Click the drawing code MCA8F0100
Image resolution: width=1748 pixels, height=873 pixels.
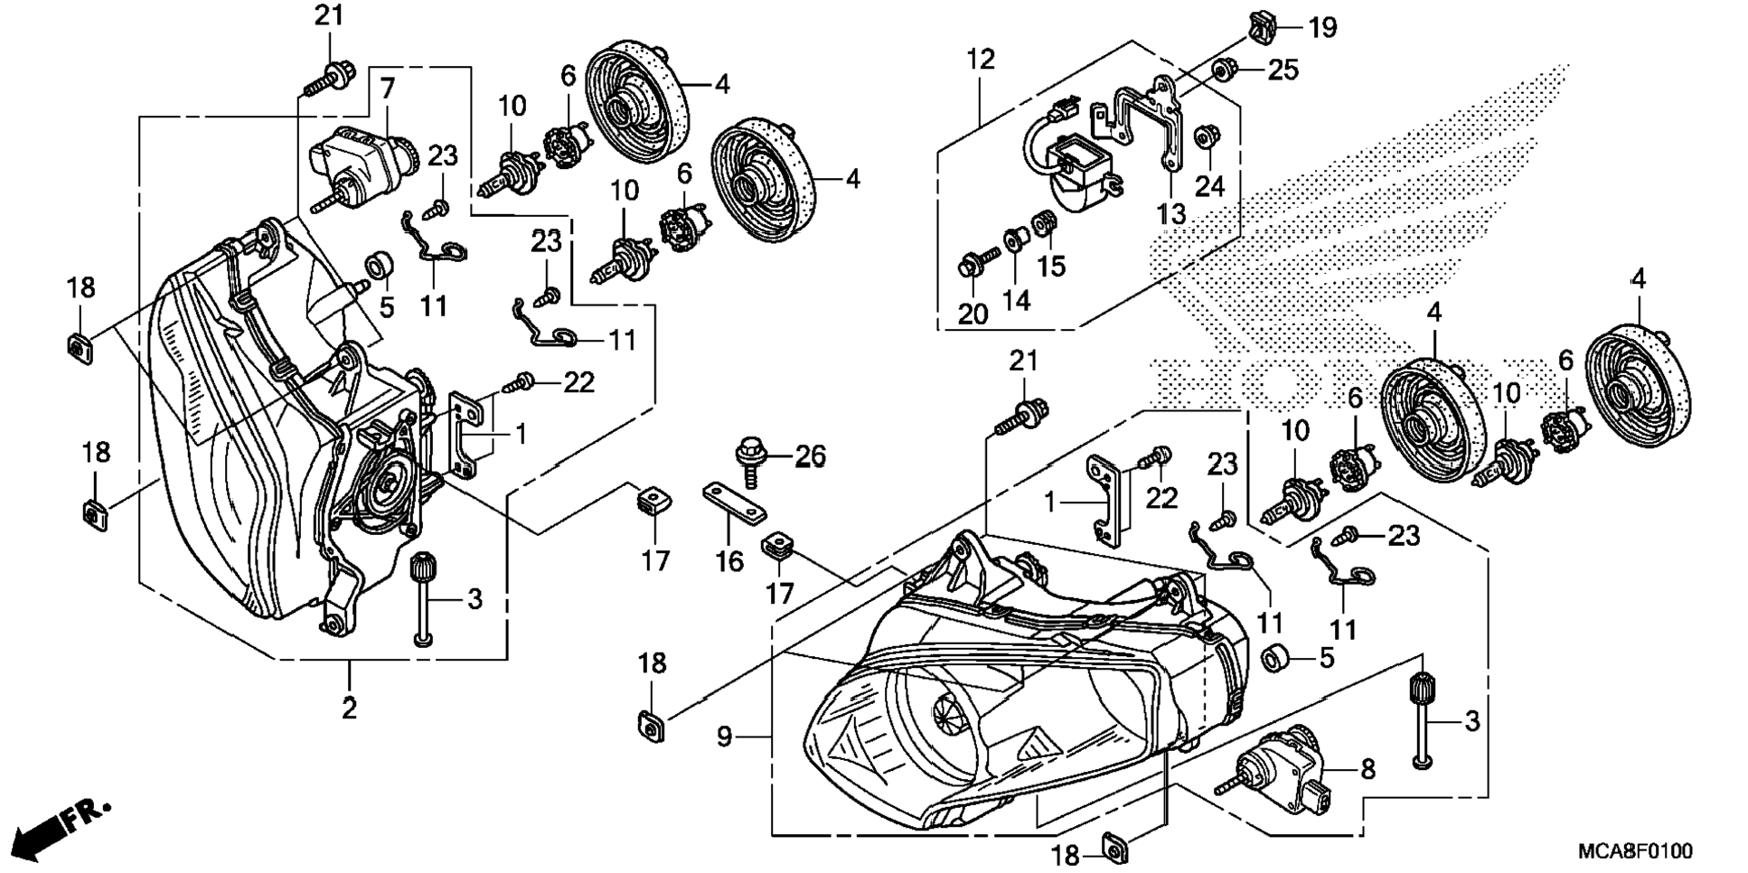coord(1635,851)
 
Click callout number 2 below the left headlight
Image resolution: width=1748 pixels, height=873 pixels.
coord(350,708)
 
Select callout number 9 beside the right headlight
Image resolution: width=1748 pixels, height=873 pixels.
coord(724,737)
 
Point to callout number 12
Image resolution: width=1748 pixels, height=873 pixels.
coord(980,60)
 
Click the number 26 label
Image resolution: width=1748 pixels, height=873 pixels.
coord(810,456)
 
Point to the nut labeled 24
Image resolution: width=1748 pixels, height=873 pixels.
coord(1205,139)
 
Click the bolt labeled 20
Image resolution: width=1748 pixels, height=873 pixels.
coord(973,265)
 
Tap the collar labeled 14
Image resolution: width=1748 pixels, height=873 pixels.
coord(1014,241)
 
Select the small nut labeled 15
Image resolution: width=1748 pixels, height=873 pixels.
coord(1045,221)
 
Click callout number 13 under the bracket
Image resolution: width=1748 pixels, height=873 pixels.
coord(1171,214)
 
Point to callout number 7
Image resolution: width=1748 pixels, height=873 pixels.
coord(387,89)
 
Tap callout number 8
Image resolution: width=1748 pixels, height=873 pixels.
coord(1367,769)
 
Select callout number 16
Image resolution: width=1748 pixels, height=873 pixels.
coord(729,561)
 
